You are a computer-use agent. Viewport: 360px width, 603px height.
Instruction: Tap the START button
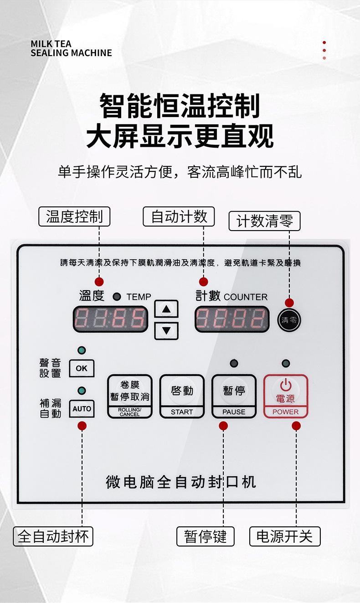[182, 396]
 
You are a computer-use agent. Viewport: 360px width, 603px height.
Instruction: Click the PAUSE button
[234, 396]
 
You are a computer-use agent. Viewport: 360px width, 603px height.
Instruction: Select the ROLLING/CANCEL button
[129, 396]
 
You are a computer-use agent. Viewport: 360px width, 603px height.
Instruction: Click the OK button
[82, 368]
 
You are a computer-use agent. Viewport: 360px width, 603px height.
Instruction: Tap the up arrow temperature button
[166, 309]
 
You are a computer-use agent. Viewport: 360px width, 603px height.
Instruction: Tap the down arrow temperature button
[166, 330]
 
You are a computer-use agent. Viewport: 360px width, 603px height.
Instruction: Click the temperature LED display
[111, 319]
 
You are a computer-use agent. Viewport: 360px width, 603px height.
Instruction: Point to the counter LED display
[231, 319]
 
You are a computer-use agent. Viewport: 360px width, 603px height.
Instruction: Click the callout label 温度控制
[74, 216]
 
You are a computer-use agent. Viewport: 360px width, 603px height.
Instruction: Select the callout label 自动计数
[179, 216]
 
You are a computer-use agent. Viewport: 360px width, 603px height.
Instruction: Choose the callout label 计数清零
[264, 221]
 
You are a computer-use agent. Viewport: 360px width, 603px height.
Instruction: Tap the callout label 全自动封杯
[53, 536]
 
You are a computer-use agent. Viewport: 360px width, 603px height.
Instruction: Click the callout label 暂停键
[205, 536]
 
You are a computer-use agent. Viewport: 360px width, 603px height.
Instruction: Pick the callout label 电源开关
[284, 536]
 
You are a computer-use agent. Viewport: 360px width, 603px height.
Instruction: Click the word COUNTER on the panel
[246, 297]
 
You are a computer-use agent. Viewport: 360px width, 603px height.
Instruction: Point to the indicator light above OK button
[82, 350]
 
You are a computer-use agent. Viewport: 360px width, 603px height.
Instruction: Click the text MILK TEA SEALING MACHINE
[71, 48]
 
